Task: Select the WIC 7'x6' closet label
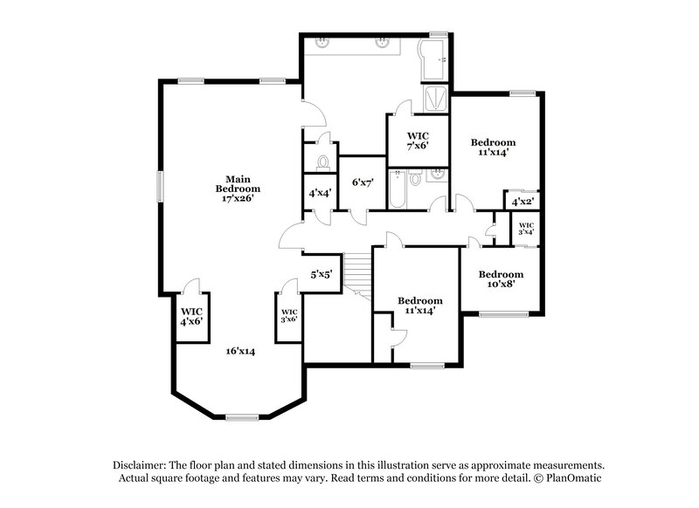[x=418, y=141]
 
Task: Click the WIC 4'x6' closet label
[x=191, y=316]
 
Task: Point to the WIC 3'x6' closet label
[x=289, y=315]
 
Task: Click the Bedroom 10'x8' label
[x=501, y=278]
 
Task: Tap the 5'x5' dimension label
[x=321, y=274]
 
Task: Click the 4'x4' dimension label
[x=319, y=193]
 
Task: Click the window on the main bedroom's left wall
[x=160, y=187]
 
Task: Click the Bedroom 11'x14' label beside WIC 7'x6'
[x=493, y=147]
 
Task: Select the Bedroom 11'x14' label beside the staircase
[x=419, y=305]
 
